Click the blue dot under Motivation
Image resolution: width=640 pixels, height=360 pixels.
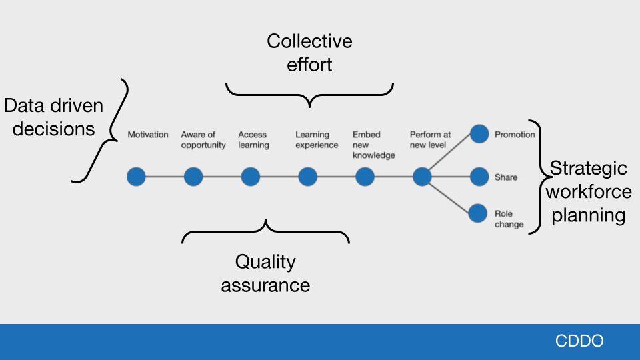136,177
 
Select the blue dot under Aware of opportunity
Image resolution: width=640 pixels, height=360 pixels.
193,177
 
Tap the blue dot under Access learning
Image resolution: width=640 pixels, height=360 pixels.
251,177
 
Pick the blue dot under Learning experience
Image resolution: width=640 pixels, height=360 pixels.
307,177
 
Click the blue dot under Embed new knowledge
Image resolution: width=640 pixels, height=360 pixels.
365,177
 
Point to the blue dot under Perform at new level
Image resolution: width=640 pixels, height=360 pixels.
422,177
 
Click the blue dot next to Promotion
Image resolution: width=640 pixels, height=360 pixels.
479,134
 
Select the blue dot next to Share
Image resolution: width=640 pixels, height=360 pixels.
479,177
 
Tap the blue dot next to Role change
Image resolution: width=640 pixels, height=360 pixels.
479,213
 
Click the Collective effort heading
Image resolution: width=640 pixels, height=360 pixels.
309,53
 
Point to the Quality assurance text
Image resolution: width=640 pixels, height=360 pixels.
265,273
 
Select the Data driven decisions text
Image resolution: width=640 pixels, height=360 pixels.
54,117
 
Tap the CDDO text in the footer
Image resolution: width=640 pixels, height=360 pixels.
579,341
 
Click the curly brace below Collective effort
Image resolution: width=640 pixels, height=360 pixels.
309,95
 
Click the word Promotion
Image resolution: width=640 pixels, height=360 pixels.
515,135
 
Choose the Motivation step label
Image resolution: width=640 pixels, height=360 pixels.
148,135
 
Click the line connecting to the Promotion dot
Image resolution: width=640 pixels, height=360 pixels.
451,155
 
